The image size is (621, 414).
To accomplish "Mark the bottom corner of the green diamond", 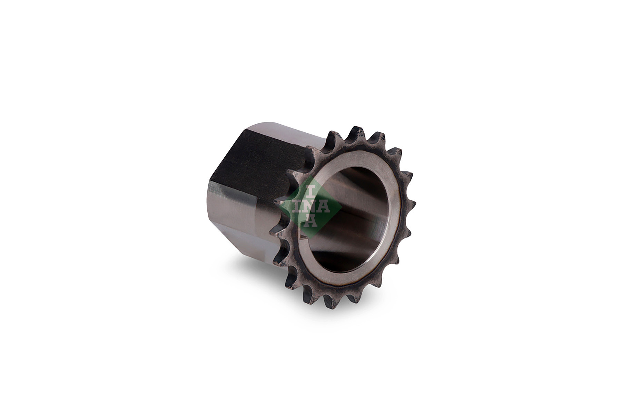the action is pyautogui.click(x=311, y=238).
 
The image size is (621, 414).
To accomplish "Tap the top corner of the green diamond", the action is pyautogui.click(x=311, y=176).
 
